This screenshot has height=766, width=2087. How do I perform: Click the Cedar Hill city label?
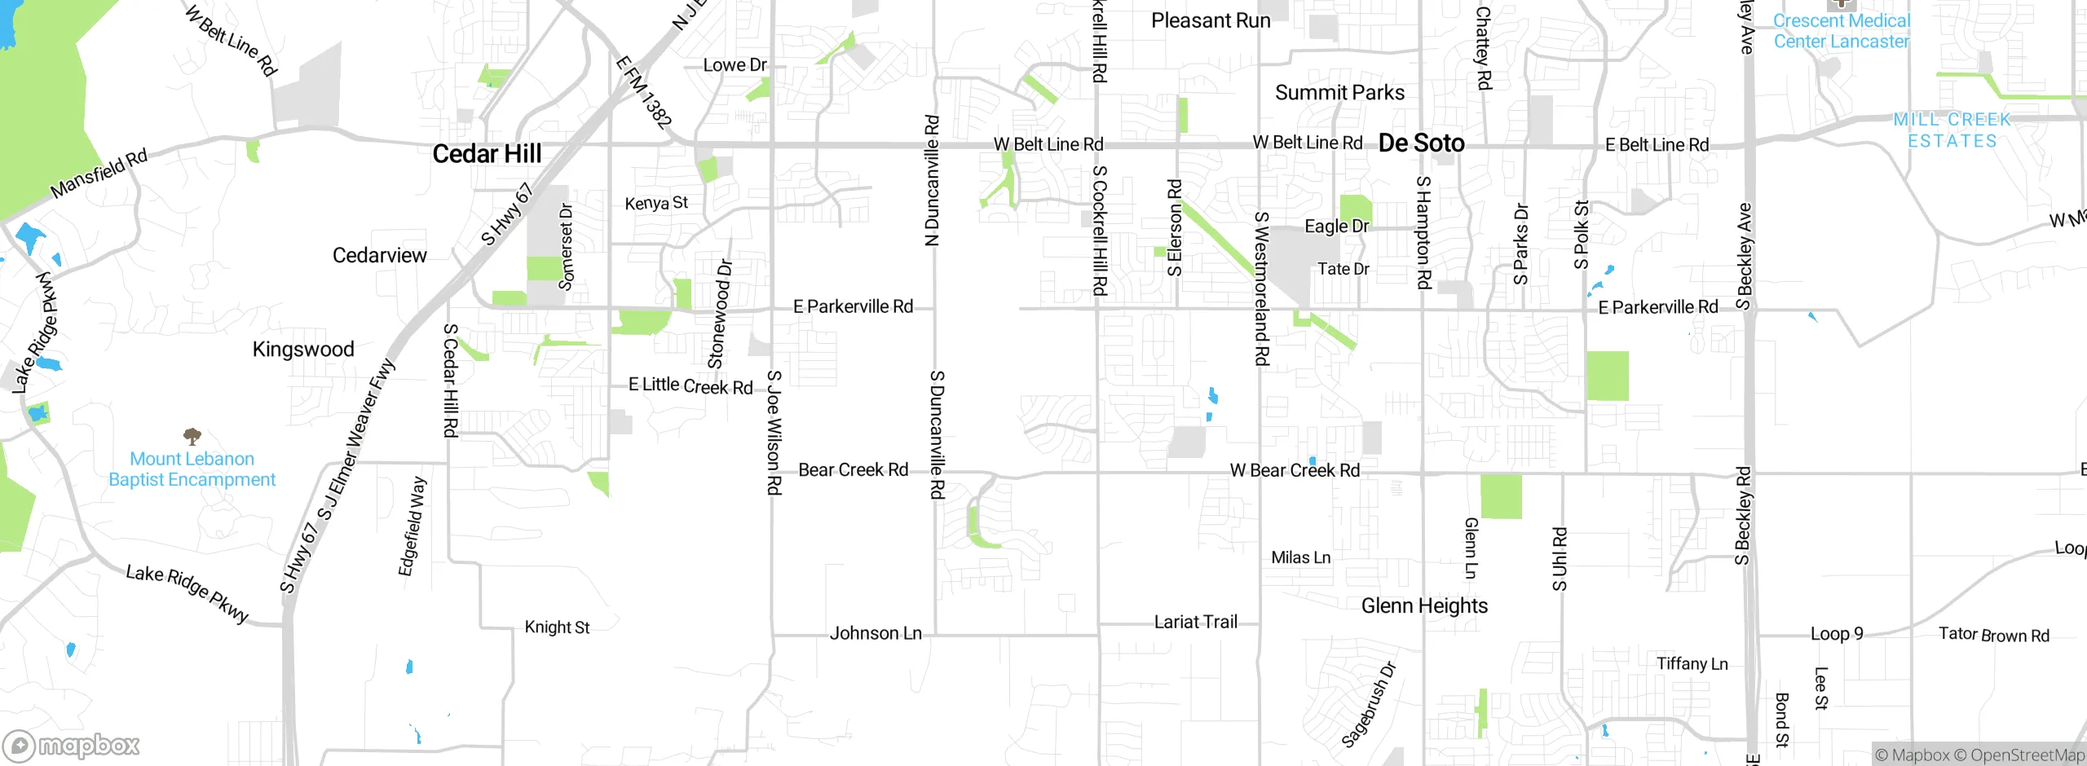[487, 153]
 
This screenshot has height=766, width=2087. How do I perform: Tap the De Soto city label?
[1421, 143]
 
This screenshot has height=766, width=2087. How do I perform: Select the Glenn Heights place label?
[1424, 605]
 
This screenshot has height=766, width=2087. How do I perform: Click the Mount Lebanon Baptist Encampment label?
[192, 469]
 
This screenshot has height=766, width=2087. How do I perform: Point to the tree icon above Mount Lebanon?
[192, 436]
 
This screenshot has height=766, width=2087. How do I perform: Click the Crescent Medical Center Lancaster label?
[1841, 31]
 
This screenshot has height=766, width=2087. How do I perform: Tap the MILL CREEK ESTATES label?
[1952, 130]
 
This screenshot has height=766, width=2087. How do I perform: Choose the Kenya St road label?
[656, 203]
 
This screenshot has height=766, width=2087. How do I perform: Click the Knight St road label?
[557, 627]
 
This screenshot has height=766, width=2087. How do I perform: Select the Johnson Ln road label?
[876, 633]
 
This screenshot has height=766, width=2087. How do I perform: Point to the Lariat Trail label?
[1195, 622]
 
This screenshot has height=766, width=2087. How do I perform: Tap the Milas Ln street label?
[1300, 557]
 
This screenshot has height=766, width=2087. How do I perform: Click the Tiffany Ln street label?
[1692, 663]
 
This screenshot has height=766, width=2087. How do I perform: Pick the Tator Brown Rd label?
[1993, 635]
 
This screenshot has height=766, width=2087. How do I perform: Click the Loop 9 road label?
[1837, 634]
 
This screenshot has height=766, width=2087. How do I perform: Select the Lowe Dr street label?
[735, 65]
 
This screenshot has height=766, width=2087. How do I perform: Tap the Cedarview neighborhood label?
[379, 255]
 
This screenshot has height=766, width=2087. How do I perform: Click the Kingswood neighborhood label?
[303, 349]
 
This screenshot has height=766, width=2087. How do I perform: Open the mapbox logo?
[72, 746]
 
